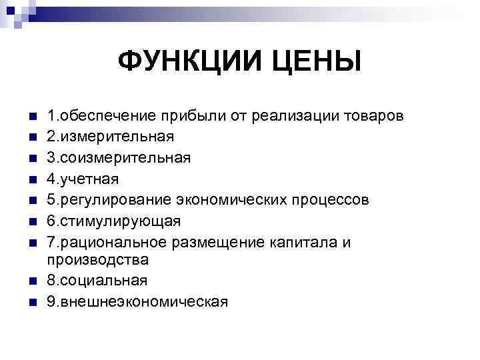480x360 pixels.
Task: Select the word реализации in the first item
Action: pos(288,117)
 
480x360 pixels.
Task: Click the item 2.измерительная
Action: pos(110,137)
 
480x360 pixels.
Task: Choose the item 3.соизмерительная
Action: pos(118,158)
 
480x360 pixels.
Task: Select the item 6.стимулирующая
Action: pos(113,221)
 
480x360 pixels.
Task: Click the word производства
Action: pos(97,259)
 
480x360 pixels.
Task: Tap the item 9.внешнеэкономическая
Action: pos(137,301)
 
